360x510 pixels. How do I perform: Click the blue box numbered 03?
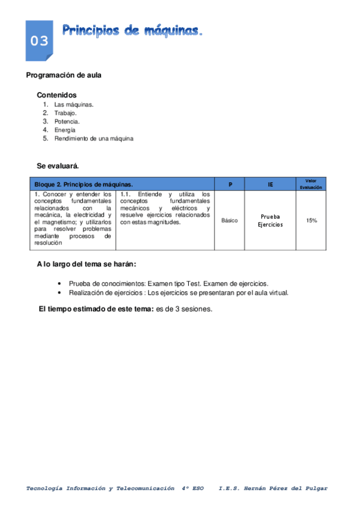[x=39, y=40]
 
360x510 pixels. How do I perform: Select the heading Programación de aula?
[x=64, y=75]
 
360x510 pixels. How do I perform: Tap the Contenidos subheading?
[x=56, y=95]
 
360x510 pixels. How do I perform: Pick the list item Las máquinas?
[x=73, y=104]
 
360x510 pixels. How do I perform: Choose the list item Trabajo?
[x=65, y=112]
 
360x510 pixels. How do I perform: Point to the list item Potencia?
[x=67, y=121]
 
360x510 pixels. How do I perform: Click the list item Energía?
[x=65, y=129]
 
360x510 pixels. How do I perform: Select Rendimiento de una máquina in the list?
[x=93, y=138]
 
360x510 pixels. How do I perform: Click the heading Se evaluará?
[x=58, y=165]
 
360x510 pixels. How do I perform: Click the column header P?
[x=230, y=184]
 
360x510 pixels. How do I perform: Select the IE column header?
[x=270, y=184]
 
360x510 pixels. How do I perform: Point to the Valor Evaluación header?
[x=311, y=184]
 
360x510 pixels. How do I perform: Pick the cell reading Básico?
[x=230, y=221]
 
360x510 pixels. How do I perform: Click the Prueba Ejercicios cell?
[x=270, y=221]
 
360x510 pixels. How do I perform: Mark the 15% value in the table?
[x=311, y=221]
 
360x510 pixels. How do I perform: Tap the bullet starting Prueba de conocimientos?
[x=168, y=283]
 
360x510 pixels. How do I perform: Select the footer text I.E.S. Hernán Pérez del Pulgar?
[x=273, y=488]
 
